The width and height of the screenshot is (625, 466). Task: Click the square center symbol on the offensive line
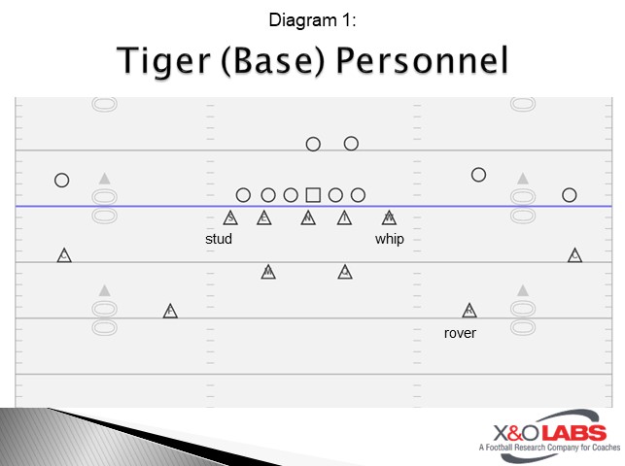(313, 195)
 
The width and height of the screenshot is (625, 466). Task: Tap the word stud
(219, 239)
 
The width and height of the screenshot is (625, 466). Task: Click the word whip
(389, 239)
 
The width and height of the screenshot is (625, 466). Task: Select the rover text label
(460, 333)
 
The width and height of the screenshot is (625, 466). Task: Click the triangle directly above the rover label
(469, 311)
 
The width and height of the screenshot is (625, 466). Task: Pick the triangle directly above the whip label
(389, 217)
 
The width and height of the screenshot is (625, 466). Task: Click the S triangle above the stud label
(230, 217)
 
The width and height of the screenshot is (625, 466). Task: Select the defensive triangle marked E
(263, 217)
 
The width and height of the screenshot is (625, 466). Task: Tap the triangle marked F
(170, 311)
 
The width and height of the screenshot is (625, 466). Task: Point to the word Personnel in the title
(424, 60)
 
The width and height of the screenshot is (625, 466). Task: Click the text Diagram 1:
(312, 18)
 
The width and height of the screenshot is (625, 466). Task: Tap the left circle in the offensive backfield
(313, 144)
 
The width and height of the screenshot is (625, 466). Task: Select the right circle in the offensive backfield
(352, 143)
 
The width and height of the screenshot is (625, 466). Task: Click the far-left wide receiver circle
(62, 180)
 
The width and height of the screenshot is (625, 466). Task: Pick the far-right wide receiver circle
(570, 194)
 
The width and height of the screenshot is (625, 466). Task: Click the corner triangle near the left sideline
(64, 255)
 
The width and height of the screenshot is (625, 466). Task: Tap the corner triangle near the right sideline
(575, 255)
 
